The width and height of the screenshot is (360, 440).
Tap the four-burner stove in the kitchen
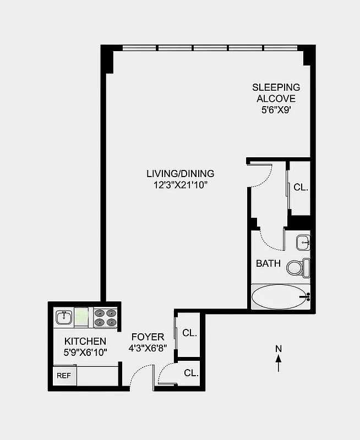(105, 318)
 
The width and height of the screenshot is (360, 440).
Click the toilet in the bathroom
(298, 268)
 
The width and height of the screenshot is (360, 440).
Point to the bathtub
(280, 297)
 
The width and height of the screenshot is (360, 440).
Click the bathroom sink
(303, 241)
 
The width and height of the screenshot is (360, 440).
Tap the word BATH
(268, 263)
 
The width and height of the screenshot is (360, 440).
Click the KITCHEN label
(85, 342)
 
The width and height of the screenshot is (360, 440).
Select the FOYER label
(148, 337)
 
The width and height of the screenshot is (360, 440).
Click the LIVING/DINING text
(180, 174)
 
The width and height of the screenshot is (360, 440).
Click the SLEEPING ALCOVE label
(276, 93)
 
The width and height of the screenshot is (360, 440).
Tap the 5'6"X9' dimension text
(276, 111)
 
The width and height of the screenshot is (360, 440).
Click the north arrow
(279, 364)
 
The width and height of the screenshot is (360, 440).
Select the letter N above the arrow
(279, 348)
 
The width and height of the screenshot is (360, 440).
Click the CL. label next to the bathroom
(301, 187)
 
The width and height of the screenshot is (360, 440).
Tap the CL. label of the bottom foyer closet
(191, 373)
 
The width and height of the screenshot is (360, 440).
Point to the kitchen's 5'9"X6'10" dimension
(85, 352)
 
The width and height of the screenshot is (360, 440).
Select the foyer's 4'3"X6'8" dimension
(148, 348)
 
